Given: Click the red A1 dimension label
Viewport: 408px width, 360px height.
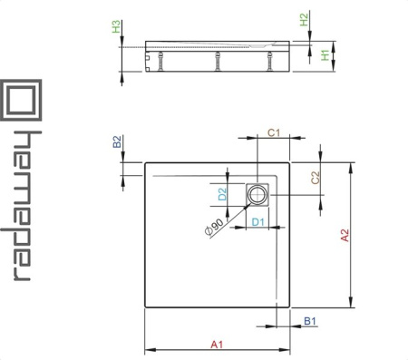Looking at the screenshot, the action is coord(217,345).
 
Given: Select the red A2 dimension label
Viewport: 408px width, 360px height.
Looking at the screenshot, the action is coord(345,236).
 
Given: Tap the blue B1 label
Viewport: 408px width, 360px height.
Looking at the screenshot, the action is coord(310,321).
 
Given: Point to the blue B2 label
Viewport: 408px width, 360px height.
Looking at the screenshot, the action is coord(117,141).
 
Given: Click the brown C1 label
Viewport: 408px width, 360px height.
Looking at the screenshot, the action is coord(274,132).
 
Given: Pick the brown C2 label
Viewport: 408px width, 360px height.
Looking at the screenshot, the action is coord(315,178).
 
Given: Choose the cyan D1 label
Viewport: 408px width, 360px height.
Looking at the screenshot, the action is coord(258,222).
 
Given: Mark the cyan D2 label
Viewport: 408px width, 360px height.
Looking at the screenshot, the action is coord(222,194).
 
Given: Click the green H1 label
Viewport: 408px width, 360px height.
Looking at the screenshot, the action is coord(325,55).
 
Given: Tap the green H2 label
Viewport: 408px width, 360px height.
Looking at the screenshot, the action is coord(304,20).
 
